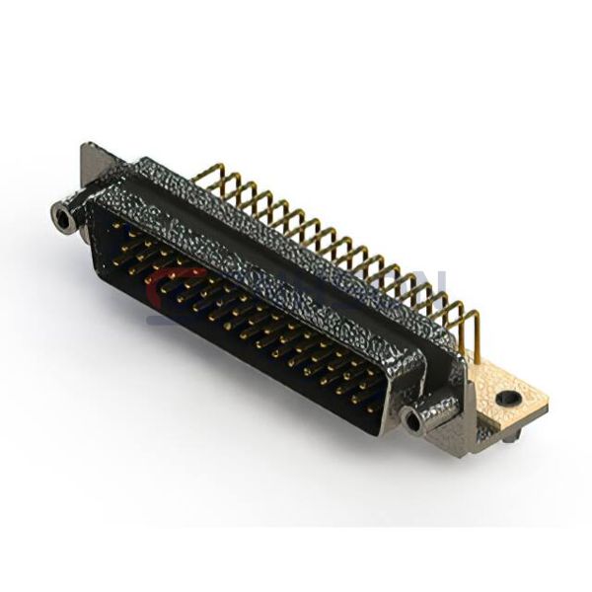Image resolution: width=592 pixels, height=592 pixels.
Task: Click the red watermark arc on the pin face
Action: coord(158,286)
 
